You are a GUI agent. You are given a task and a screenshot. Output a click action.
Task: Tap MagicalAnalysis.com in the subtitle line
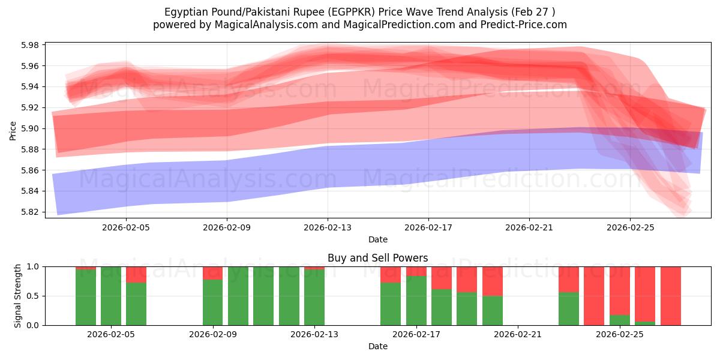click(266, 25)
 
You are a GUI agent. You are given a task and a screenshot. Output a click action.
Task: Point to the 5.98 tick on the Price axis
click(30, 45)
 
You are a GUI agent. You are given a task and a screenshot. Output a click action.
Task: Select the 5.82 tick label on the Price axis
click(30, 212)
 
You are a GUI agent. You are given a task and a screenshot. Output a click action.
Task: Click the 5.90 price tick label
click(30, 128)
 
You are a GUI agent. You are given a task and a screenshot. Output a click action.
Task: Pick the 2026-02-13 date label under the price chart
click(328, 227)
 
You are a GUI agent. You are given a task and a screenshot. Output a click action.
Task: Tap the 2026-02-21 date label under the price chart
click(529, 227)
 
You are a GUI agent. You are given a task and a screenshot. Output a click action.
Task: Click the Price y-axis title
click(13, 131)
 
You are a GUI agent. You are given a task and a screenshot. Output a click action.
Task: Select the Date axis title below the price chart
click(378, 239)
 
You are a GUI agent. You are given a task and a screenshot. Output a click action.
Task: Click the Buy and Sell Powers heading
click(377, 258)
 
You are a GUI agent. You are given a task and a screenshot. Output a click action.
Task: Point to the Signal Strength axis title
click(17, 296)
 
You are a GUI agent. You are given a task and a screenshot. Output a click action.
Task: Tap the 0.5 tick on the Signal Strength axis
click(32, 296)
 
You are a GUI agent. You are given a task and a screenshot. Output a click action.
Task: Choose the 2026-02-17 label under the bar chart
click(416, 334)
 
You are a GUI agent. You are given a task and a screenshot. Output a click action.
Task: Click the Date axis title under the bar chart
click(378, 346)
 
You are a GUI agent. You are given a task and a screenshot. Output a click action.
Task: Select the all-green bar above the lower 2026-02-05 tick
click(111, 296)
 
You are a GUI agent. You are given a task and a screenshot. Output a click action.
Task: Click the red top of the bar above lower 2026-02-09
click(212, 273)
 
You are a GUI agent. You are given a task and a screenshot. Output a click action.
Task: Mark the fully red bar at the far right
click(671, 296)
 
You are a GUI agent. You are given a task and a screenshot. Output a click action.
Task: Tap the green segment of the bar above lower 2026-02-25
click(620, 320)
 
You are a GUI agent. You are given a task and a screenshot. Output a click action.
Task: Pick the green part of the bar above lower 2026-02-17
click(416, 301)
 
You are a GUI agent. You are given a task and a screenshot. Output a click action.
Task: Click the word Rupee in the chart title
click(309, 12)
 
